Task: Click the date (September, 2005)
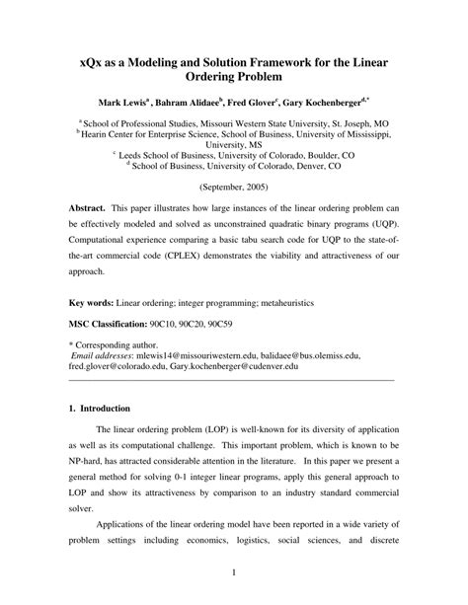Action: (233, 186)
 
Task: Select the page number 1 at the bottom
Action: (232, 571)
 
